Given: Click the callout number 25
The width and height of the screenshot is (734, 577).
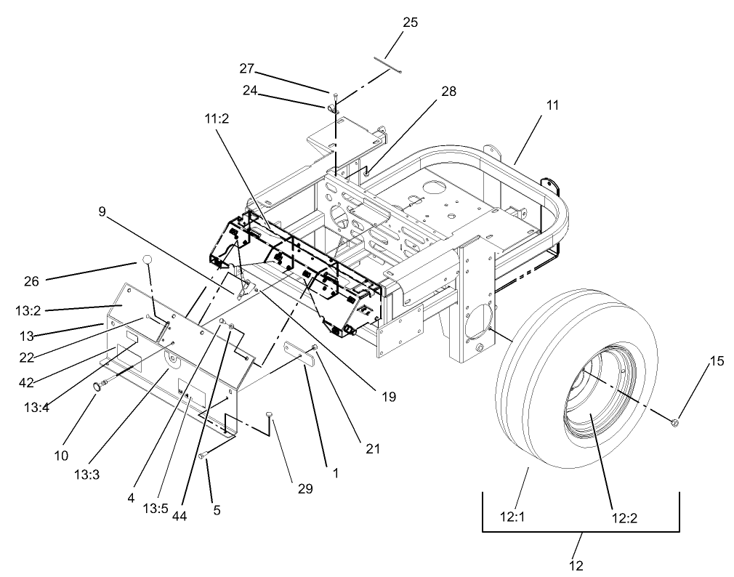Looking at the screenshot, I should [410, 23].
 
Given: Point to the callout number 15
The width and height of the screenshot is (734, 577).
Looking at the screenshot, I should [717, 361].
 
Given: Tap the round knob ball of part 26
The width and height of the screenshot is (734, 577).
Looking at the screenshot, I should [148, 259].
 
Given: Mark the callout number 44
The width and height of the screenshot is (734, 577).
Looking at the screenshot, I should [180, 515].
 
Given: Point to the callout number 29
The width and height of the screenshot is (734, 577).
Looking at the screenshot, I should [305, 489].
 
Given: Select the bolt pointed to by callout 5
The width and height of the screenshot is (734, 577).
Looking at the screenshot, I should [203, 455].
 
